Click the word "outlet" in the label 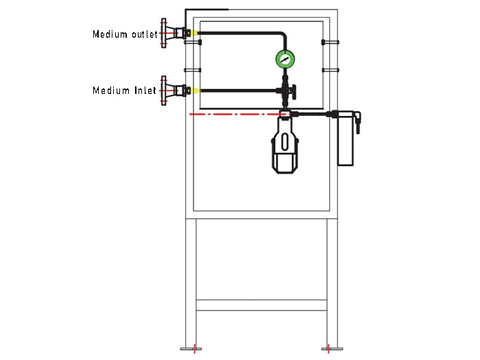[143, 34]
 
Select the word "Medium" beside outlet [109, 34]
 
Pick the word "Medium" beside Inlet [109, 90]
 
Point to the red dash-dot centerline [233, 113]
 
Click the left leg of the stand [192, 281]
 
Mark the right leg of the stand [333, 281]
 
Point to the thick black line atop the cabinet [206, 9]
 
